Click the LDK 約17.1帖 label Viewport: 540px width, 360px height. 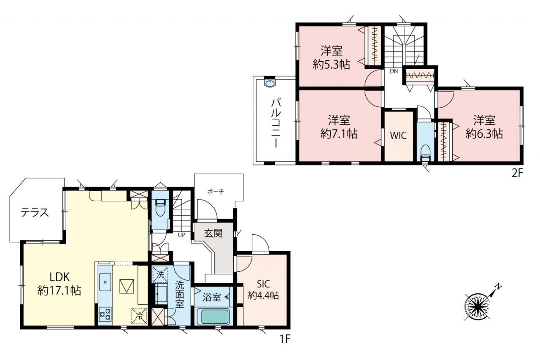pyautogui.click(x=59, y=284)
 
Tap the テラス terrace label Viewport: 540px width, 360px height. pyautogui.click(x=35, y=213)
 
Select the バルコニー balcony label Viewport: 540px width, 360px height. pyautogui.click(x=275, y=123)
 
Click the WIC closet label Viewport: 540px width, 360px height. pyautogui.click(x=398, y=135)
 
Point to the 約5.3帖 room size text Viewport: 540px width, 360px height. pyautogui.click(x=332, y=65)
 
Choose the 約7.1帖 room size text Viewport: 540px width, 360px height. pyautogui.click(x=339, y=134)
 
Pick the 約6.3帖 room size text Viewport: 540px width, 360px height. pyautogui.click(x=484, y=134)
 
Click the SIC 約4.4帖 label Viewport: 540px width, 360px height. pyautogui.click(x=264, y=290)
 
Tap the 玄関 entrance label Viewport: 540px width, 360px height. pyautogui.click(x=213, y=233)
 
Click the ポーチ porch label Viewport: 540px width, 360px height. pyautogui.click(x=216, y=192)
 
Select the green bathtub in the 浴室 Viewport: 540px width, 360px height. pyautogui.click(x=215, y=317)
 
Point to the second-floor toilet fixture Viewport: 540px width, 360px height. pyautogui.click(x=425, y=153)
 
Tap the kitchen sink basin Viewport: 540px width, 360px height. pyautogui.click(x=105, y=282)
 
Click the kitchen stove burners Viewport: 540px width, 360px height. pyautogui.click(x=105, y=314)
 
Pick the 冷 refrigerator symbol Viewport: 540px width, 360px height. pyautogui.click(x=139, y=316)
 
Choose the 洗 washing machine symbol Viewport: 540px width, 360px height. pyautogui.click(x=160, y=274)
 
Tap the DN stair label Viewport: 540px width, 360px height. pyautogui.click(x=394, y=71)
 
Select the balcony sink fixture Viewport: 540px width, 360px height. pyautogui.click(x=270, y=84)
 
